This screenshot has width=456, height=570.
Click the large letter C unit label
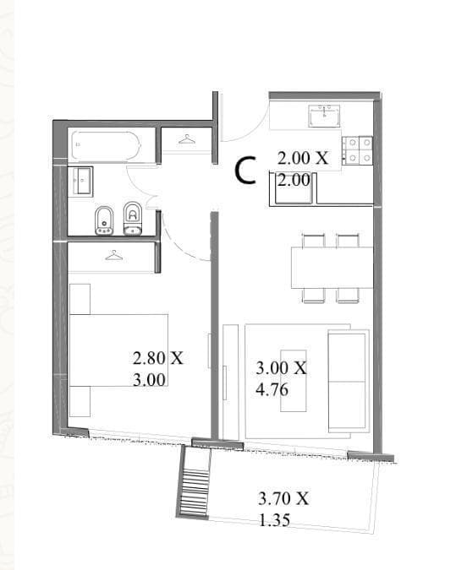pyautogui.click(x=244, y=170)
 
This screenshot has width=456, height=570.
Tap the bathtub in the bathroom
pyautogui.click(x=106, y=146)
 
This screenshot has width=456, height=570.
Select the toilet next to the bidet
pyautogui.click(x=132, y=218)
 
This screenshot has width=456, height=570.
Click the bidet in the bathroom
pyautogui.click(x=104, y=220)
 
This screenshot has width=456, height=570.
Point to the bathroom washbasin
pyautogui.click(x=80, y=181)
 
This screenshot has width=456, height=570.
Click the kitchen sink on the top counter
pyautogui.click(x=324, y=116)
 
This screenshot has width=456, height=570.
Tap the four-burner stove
pyautogui.click(x=357, y=150)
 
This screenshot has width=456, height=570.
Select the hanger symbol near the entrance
pyautogui.click(x=187, y=139)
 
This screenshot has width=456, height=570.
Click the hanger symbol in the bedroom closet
pyautogui.click(x=114, y=256)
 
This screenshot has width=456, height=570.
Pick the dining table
pyautogui.click(x=332, y=267)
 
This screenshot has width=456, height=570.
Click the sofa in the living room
pyautogui.click(x=349, y=381)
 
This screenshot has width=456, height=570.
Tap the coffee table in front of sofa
pyautogui.click(x=294, y=381)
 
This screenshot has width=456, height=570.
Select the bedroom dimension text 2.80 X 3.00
pyautogui.click(x=158, y=369)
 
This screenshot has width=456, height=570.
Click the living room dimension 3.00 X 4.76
pyautogui.click(x=281, y=379)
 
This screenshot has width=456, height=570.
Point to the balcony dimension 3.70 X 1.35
pyautogui.click(x=283, y=509)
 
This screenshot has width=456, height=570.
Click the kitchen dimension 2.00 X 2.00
pyautogui.click(x=303, y=169)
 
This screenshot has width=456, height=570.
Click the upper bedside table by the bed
pyautogui.click(x=80, y=299)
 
